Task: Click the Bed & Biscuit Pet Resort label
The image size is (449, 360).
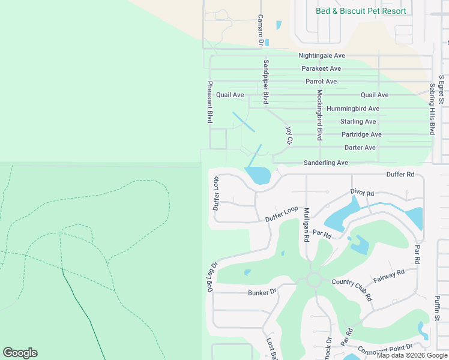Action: pos(361,11)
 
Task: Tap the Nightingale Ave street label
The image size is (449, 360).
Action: pos(322,56)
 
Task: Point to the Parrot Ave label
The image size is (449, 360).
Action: pos(321,82)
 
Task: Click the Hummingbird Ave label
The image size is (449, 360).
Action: pos(353,109)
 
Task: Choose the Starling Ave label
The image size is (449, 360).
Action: pos(358,122)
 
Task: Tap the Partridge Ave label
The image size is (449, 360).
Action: pos(361,134)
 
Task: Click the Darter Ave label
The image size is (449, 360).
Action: pos(360,148)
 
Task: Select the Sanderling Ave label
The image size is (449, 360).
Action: pos(326,163)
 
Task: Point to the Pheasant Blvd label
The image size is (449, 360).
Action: pos(210,103)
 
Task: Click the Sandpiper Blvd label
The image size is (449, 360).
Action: pos(265,82)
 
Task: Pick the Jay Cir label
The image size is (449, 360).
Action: pos(289,135)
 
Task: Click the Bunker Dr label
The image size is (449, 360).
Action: pos(262,292)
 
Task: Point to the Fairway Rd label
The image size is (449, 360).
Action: pos(389,276)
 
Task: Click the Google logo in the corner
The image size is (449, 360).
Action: pos(20,353)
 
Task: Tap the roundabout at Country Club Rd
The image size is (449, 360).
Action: pos(313,280)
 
